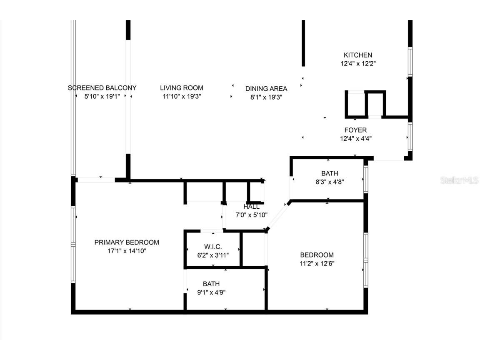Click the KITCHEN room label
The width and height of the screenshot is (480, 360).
[x=357, y=55]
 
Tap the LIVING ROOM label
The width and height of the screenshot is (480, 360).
[x=182, y=88]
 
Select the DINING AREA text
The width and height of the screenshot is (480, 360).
[x=266, y=88]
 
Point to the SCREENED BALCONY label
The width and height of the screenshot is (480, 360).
[x=102, y=88]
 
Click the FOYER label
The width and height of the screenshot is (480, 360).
[x=355, y=130]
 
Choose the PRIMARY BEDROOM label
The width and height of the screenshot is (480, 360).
[x=127, y=242]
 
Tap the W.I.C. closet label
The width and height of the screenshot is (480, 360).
[x=213, y=247]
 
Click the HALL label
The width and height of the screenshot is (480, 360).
[x=252, y=207]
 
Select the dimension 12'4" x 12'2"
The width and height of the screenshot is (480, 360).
[x=358, y=64]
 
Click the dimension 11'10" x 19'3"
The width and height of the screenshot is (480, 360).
[x=182, y=97]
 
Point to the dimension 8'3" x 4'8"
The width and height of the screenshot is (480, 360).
[x=330, y=182]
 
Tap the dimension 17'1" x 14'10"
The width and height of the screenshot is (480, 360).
[x=127, y=251]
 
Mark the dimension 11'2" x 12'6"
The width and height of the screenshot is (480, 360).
[x=317, y=263]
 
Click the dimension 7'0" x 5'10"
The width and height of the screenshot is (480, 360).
[x=252, y=215]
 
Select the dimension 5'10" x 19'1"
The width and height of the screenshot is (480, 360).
[x=102, y=97]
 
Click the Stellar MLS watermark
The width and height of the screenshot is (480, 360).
[x=460, y=180]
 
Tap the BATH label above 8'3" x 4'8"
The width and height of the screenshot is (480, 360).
[x=330, y=173]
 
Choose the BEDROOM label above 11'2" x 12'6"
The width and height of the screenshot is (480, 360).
[x=317, y=255]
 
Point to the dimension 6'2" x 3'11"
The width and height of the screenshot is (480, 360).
[x=213, y=255]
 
